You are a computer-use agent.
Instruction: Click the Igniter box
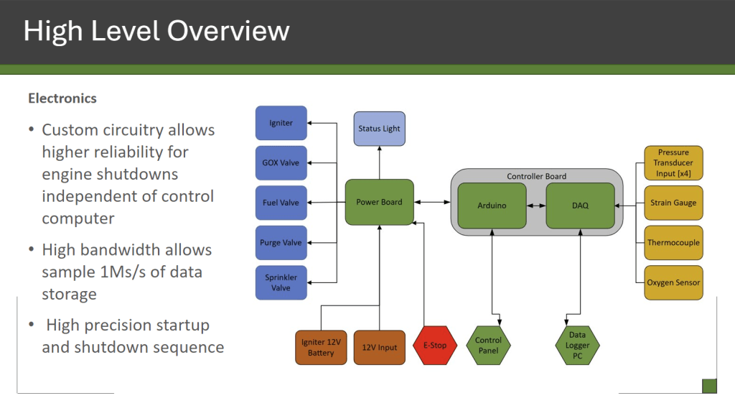[x=281, y=123]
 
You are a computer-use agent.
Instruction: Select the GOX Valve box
[x=281, y=163]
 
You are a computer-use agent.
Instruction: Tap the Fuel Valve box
[x=281, y=203]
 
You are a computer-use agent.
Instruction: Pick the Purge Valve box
[x=281, y=243]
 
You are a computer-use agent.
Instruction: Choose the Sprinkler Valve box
[x=281, y=282]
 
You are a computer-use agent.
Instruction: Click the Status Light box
[x=379, y=129]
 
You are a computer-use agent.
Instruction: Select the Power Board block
[x=379, y=202]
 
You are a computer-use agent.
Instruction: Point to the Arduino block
[x=492, y=205]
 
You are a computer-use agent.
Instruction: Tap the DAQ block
[x=580, y=205]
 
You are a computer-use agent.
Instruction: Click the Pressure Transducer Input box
[x=673, y=162]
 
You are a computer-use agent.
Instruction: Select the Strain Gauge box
[x=673, y=203]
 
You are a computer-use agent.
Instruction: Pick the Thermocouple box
[x=673, y=243]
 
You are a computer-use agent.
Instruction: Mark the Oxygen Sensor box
[x=673, y=282]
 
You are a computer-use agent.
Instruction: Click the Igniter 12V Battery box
[x=321, y=348]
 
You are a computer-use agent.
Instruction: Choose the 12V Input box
[x=379, y=348]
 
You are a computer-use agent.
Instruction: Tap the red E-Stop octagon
[x=434, y=346]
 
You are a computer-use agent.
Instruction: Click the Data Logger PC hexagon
[x=577, y=346]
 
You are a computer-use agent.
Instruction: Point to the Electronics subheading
[x=62, y=98]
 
